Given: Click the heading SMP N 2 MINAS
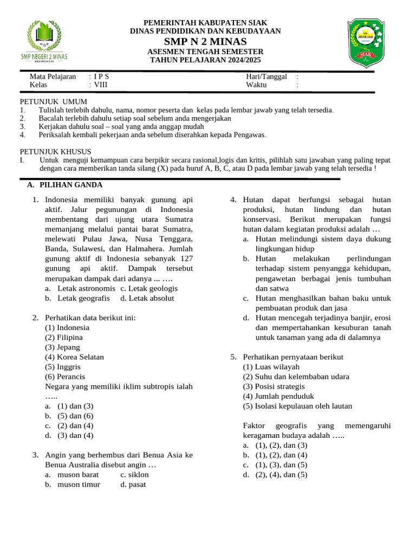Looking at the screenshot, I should click(x=205, y=42).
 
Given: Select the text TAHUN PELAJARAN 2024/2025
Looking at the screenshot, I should click(x=205, y=60).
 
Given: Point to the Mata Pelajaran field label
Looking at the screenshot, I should click(x=53, y=76).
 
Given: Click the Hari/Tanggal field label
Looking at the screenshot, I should click(x=266, y=76).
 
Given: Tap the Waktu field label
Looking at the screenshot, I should click(x=256, y=85).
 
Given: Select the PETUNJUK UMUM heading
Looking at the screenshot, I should click(x=53, y=102).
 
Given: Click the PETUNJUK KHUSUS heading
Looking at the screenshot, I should click(x=56, y=151).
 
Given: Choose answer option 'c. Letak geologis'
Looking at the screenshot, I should click(x=149, y=288).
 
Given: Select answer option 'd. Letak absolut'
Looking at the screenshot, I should click(x=147, y=298).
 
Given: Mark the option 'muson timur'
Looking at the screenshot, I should click(x=79, y=484).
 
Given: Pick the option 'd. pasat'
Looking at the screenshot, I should click(x=133, y=484).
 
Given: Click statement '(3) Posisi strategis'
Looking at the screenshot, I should click(x=274, y=386).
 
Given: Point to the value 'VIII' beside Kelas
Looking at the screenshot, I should click(x=101, y=85).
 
